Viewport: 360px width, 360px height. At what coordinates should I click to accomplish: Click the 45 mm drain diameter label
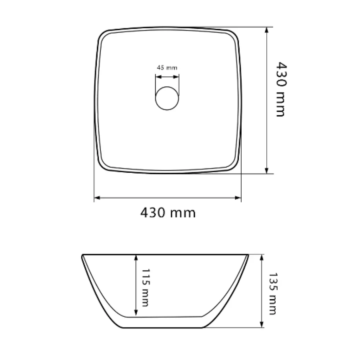(x=167, y=68)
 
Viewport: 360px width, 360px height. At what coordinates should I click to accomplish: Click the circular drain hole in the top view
(x=167, y=98)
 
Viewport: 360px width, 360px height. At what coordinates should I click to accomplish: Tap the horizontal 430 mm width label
(x=168, y=213)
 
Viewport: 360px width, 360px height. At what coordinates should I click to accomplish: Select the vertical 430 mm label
(x=281, y=89)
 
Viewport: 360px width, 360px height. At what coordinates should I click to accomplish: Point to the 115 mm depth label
(x=145, y=288)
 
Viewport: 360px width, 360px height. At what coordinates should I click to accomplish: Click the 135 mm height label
(x=273, y=294)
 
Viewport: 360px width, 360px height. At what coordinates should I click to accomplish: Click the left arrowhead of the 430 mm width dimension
(x=97, y=198)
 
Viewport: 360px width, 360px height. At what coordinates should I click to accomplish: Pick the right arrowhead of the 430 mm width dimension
(x=238, y=198)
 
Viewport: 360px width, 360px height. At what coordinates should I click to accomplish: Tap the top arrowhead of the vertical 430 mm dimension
(x=266, y=30)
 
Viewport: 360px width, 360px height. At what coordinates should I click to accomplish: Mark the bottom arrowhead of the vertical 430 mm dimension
(x=266, y=170)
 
